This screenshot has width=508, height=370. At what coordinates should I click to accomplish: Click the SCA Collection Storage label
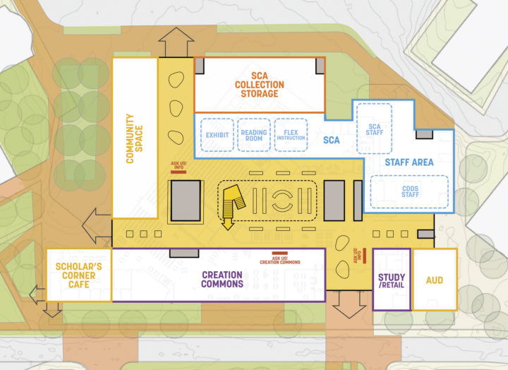259,85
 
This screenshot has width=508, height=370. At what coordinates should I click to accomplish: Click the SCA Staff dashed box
374,128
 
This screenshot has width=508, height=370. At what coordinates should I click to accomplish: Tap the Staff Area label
409,162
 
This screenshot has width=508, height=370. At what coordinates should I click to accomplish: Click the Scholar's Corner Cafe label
78,275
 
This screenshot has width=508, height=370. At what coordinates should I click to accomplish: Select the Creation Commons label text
222,280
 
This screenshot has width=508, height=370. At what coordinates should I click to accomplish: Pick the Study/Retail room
391,280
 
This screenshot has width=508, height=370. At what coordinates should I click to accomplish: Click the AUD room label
435,280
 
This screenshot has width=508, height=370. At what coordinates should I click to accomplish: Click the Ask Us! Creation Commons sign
279,258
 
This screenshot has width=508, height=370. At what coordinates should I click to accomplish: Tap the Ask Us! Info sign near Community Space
179,168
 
